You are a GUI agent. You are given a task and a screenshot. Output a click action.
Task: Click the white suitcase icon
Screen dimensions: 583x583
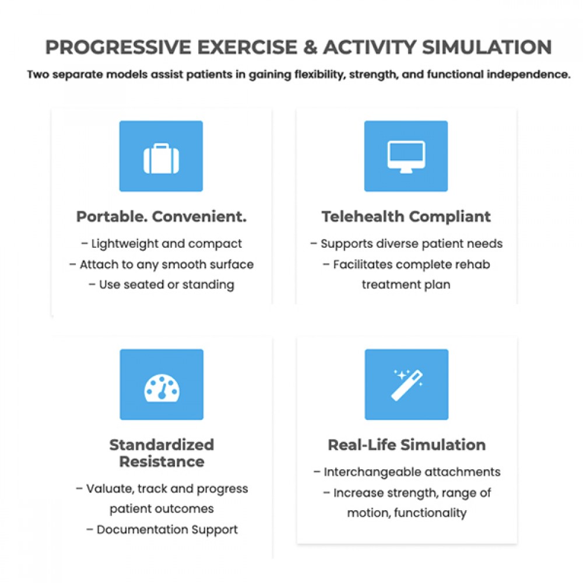coord(161,158)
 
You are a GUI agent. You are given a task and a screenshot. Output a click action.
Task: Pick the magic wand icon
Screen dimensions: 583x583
coord(406,385)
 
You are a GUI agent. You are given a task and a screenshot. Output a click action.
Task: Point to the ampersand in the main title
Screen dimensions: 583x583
coord(310,47)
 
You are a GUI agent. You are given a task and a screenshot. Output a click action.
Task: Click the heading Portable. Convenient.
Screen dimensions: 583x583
coord(161,217)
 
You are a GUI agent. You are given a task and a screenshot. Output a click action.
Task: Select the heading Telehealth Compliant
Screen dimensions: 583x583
coord(406,217)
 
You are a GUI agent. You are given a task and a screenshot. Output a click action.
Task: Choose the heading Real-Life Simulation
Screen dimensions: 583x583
coord(406,445)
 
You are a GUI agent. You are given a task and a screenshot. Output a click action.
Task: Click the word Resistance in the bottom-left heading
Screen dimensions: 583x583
coord(161,462)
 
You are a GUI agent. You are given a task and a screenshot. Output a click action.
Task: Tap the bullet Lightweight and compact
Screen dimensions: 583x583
coord(161,244)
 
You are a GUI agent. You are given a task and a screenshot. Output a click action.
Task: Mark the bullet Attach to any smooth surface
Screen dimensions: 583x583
coord(161,264)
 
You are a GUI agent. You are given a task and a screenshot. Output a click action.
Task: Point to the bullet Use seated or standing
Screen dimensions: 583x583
coord(161,285)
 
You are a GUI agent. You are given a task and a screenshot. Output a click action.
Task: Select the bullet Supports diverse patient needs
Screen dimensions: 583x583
coord(406,244)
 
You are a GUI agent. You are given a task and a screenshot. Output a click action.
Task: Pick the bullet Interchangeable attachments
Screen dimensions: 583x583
coord(406,472)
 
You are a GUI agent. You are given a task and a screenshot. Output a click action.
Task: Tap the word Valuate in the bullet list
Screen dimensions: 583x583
coord(108,489)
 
